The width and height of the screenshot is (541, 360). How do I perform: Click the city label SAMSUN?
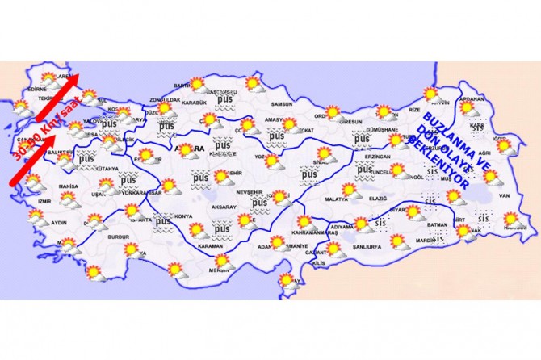(281, 103)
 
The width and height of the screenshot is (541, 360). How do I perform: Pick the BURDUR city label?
(118, 237)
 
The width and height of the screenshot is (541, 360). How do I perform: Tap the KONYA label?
(183, 216)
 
